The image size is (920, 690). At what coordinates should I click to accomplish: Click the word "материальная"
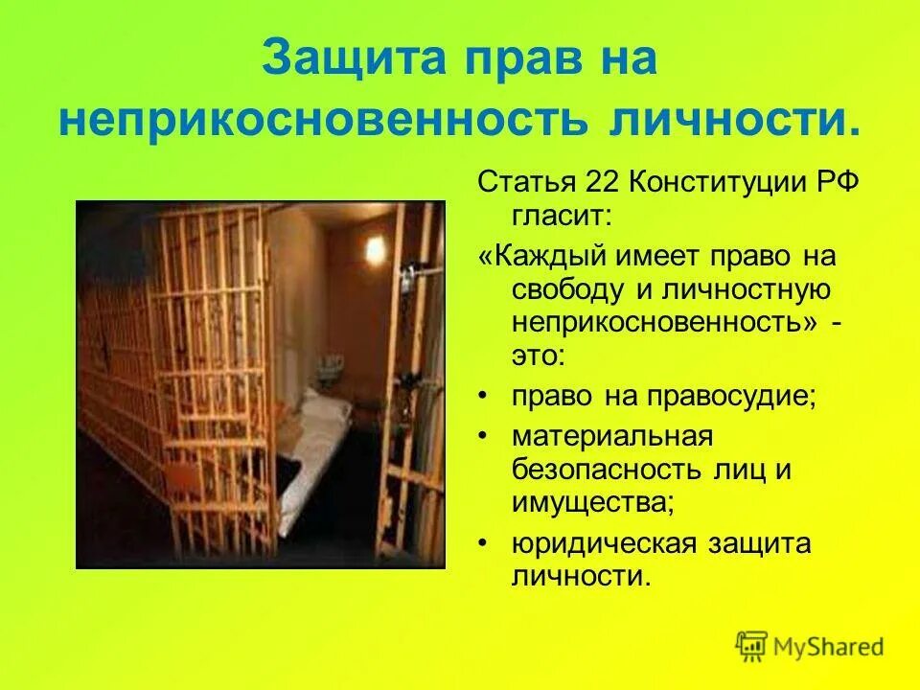point(612,436)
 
